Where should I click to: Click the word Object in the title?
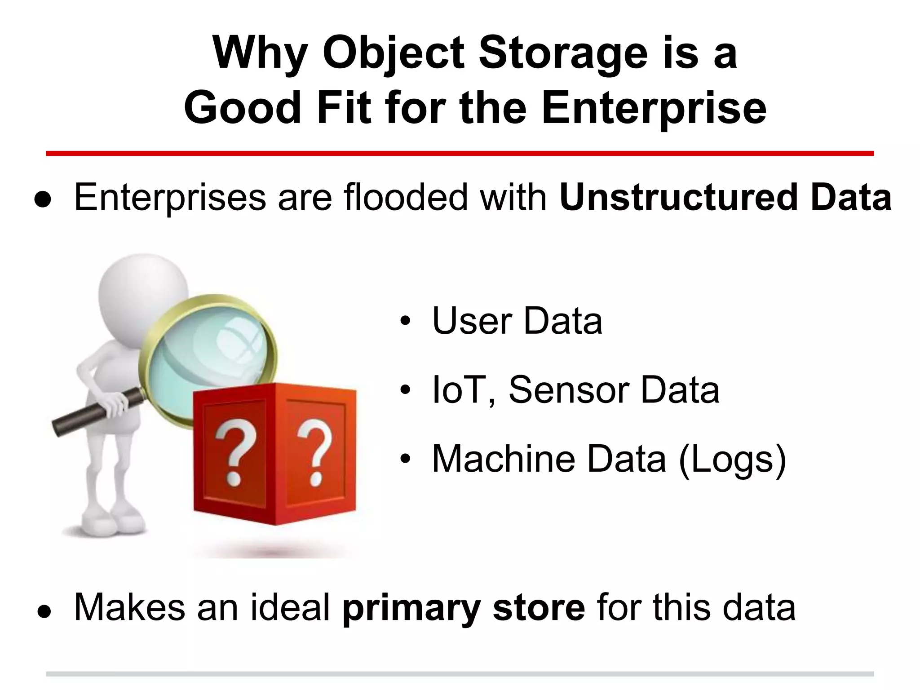click(x=394, y=54)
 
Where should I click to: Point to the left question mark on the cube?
click(x=234, y=454)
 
